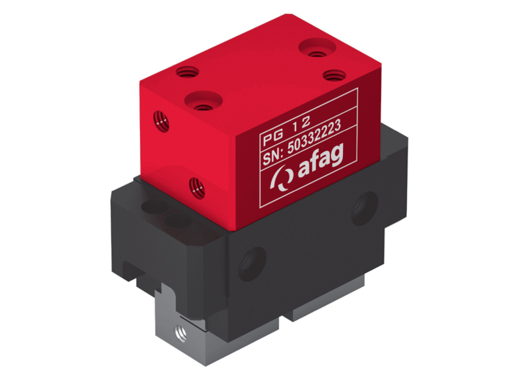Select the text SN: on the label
click(x=273, y=156)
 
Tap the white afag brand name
click(x=320, y=163)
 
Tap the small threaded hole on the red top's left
click(x=187, y=72)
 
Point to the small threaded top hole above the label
click(x=333, y=75)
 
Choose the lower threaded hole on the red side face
click(x=197, y=187)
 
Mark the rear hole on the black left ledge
click(x=154, y=206)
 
